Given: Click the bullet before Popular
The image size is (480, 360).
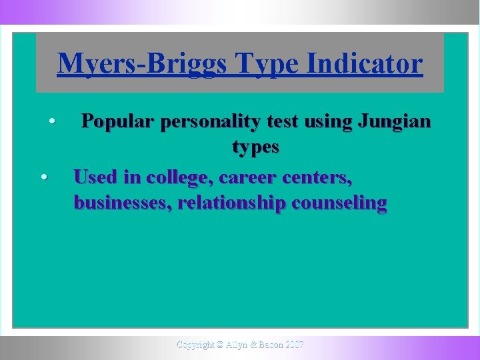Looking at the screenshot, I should [x=51, y=122].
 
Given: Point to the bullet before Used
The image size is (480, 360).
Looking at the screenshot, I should [x=43, y=177].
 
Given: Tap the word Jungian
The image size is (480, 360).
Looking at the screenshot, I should [x=395, y=121].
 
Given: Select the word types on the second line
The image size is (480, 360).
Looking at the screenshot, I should [x=255, y=147].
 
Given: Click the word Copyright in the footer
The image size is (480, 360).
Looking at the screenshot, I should [x=195, y=345].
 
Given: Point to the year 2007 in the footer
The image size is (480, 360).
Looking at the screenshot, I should [x=293, y=345].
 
